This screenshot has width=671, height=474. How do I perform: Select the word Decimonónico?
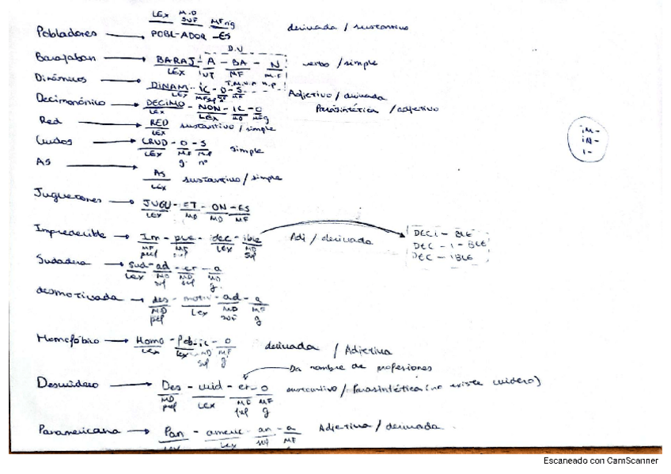(71, 100)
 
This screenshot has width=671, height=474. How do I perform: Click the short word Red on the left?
(49, 121)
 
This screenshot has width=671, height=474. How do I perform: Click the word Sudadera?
(62, 260)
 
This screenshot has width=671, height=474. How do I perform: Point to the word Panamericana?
(74, 432)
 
